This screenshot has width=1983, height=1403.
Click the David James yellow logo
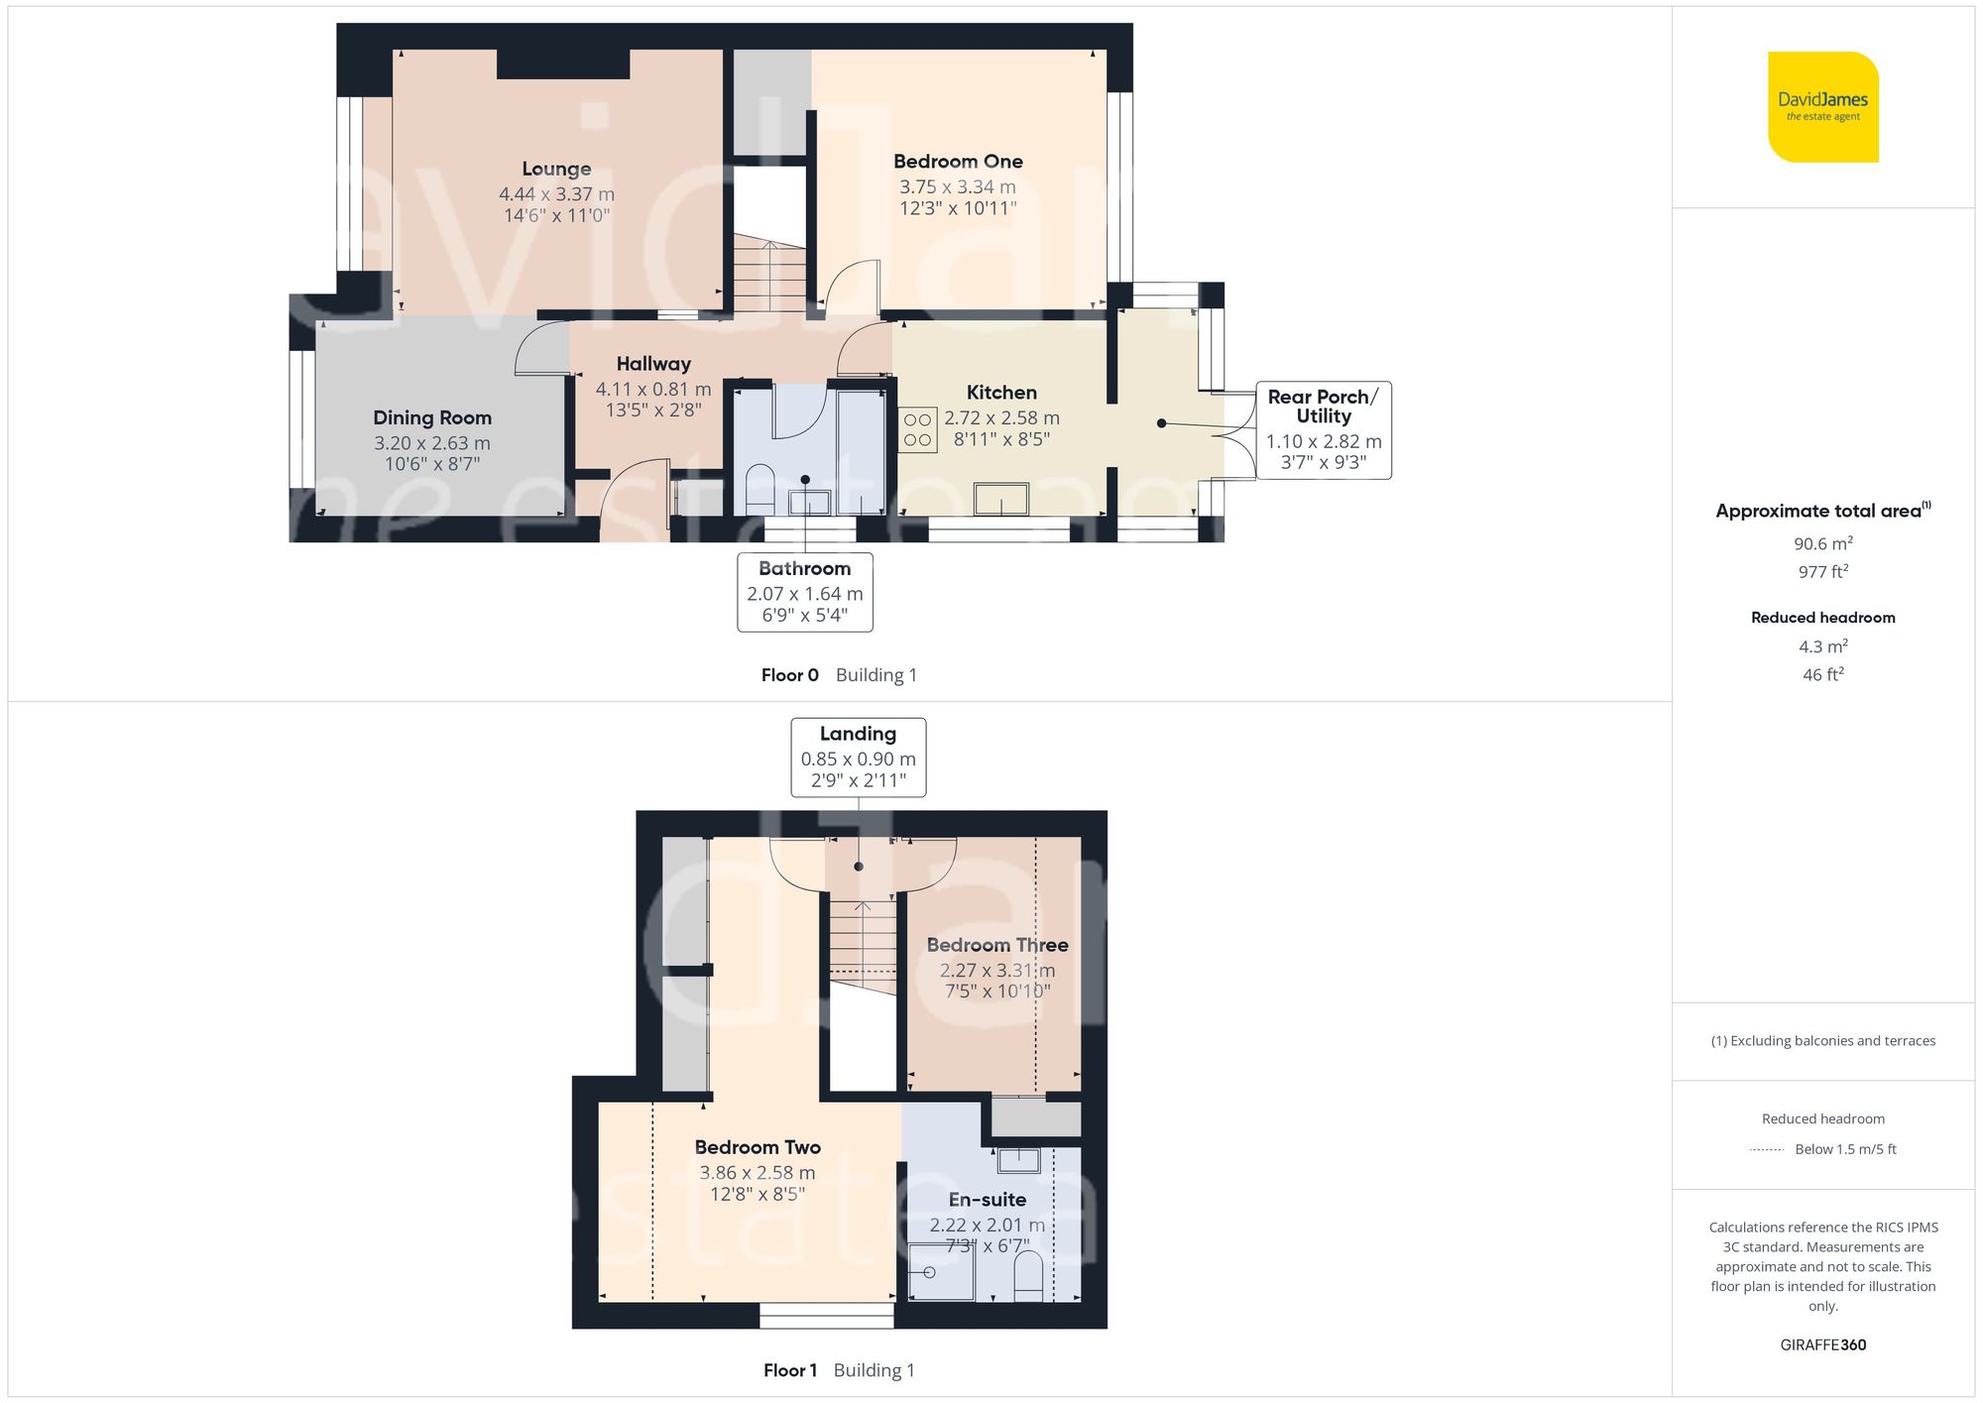pos(1823,107)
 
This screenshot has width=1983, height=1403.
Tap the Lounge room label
pos(556,169)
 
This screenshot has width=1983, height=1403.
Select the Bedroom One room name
pos(958,161)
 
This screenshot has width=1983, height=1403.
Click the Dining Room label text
pos(432,417)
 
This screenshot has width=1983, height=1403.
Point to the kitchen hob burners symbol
pos(917,430)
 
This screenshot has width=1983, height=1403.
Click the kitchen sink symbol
pos(1000,499)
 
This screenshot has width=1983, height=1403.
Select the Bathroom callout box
pos(805,592)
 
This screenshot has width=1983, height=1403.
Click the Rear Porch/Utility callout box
pos(1324,430)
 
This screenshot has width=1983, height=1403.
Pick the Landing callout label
pos(859,758)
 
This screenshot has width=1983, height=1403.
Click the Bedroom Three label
pos(997,945)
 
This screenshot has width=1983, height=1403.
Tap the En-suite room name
pos(988,1200)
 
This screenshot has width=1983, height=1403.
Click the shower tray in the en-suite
pos(942,1272)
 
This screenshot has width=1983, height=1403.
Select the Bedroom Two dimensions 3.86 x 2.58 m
pos(758,1173)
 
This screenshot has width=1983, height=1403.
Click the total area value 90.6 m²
pos(1823,543)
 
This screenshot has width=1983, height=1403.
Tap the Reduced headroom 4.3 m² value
pos(1823,646)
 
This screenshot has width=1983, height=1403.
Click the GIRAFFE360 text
pos(1823,1345)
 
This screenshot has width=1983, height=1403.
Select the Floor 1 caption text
pos(790,1370)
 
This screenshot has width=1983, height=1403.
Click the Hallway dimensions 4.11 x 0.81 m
pos(653,390)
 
